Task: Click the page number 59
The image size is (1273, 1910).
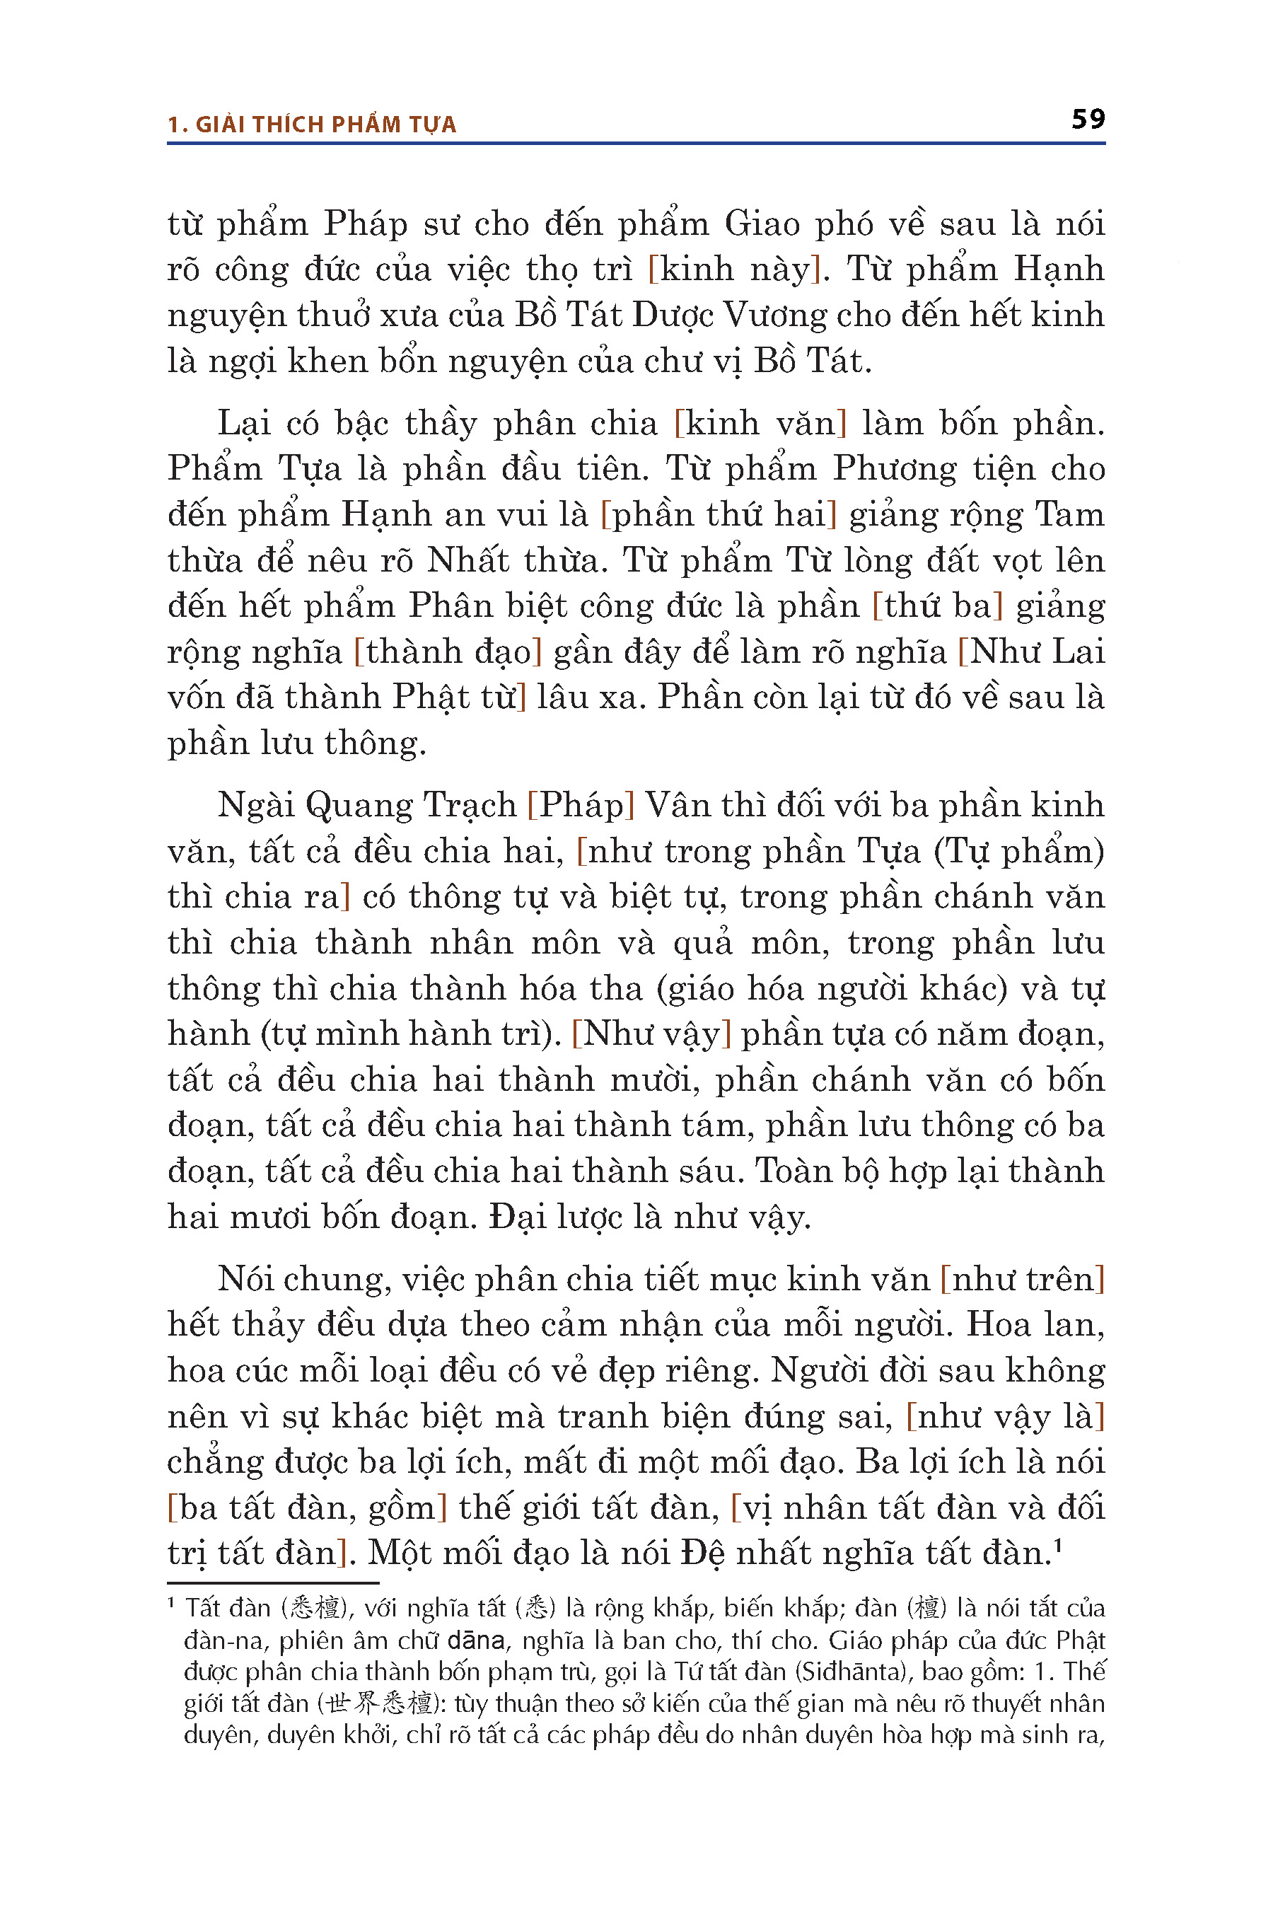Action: pos(1088,119)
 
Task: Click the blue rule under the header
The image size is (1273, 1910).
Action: pos(636,144)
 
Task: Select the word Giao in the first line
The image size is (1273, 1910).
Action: pos(762,224)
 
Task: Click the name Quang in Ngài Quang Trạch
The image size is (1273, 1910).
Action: pos(359,806)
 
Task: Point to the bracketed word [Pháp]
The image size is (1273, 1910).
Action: pos(581,806)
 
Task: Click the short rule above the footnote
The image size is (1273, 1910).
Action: pos(273,1582)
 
